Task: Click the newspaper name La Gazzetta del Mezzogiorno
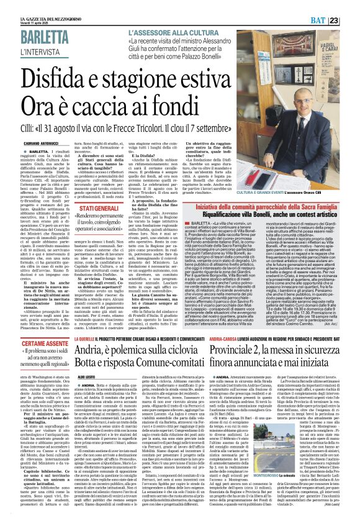37,4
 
